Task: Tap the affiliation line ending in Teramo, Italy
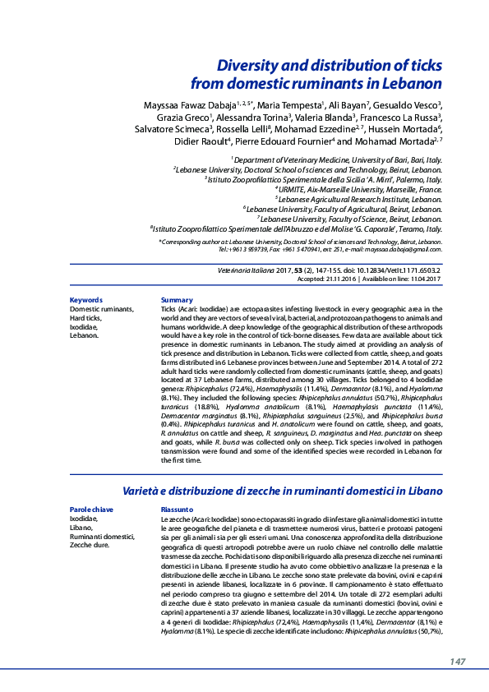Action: point(297,230)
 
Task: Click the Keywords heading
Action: point(86,300)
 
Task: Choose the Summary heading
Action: point(177,300)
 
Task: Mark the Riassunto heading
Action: point(178,510)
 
